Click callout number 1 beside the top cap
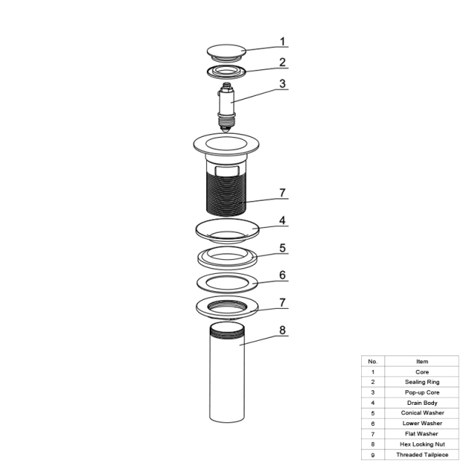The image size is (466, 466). click(x=283, y=42)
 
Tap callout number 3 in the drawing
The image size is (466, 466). click(x=283, y=84)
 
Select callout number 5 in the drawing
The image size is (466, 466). click(x=283, y=248)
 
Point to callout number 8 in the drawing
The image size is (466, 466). click(x=283, y=330)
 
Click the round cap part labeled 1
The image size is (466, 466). click(x=226, y=53)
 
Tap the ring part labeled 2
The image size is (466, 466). click(x=226, y=71)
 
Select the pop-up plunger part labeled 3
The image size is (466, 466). click(x=226, y=107)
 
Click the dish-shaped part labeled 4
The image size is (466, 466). click(x=227, y=230)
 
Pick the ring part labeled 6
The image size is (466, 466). click(x=227, y=283)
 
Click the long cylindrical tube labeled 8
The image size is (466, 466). click(x=227, y=372)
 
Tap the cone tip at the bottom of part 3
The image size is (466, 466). click(x=226, y=129)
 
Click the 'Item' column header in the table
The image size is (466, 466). click(x=422, y=361)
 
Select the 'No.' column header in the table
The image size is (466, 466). click(x=373, y=361)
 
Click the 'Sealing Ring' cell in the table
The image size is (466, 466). click(x=422, y=382)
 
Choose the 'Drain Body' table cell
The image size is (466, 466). click(x=422, y=403)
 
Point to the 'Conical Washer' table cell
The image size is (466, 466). click(x=422, y=413)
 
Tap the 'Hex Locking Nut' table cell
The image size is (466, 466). click(x=422, y=444)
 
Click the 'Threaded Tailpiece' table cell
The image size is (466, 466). click(x=422, y=454)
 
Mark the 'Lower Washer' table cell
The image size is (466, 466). click(x=422, y=423)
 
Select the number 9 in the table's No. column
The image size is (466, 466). click(x=373, y=455)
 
